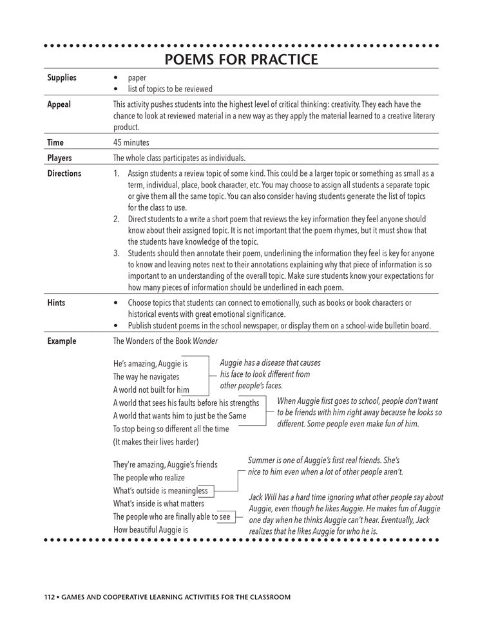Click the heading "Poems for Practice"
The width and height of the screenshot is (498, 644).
(241, 60)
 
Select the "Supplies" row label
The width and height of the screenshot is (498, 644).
(62, 78)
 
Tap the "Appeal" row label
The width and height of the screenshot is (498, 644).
(59, 104)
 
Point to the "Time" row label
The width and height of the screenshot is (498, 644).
(56, 143)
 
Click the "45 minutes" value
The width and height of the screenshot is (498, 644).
(131, 143)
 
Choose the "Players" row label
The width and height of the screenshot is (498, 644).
(60, 158)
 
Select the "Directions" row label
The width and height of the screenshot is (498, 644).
(64, 173)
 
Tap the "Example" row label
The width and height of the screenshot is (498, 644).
(62, 341)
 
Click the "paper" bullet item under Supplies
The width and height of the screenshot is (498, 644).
(137, 78)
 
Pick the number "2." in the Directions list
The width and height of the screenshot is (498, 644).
(117, 220)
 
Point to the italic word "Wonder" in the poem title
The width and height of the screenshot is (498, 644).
(206, 341)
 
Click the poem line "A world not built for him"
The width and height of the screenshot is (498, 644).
(151, 390)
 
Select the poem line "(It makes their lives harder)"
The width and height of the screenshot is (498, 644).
(156, 442)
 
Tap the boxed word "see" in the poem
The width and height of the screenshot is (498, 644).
(224, 516)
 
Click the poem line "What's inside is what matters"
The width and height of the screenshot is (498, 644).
(158, 504)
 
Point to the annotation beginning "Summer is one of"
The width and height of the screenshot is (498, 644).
(325, 466)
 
